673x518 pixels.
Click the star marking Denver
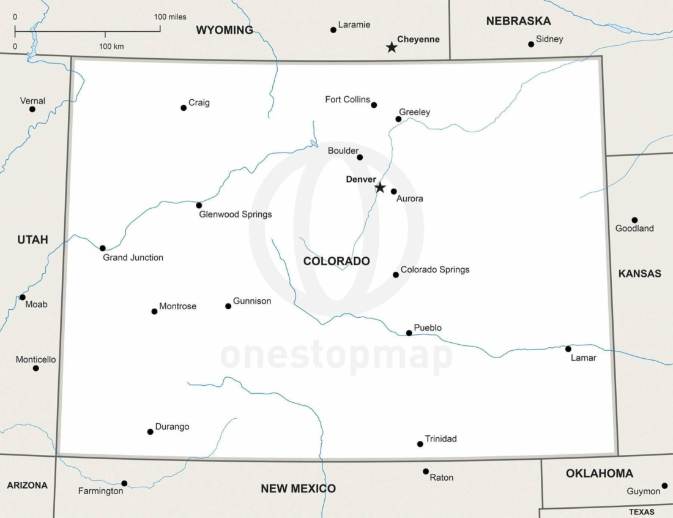(x=380, y=187)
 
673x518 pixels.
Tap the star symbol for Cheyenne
(x=392, y=47)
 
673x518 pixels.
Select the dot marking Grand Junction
(x=103, y=248)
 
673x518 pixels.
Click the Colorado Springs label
(x=435, y=269)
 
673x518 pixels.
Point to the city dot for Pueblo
(x=409, y=333)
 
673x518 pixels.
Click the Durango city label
(x=172, y=427)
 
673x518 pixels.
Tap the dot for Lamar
(x=568, y=349)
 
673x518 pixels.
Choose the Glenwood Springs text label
(x=236, y=215)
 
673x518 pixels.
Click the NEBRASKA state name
(x=518, y=21)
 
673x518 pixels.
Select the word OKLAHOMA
(x=599, y=473)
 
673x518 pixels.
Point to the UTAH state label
(x=32, y=240)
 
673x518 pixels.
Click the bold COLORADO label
(x=336, y=261)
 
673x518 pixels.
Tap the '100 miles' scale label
(x=170, y=17)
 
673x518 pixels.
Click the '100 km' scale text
(x=111, y=47)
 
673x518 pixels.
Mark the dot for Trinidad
(x=420, y=444)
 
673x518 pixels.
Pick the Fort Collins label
(x=348, y=100)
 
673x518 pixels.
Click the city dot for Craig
(x=184, y=108)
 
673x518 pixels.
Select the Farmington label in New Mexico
(x=100, y=491)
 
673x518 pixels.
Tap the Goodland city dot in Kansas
(x=634, y=220)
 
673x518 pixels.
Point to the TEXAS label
(x=641, y=512)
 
